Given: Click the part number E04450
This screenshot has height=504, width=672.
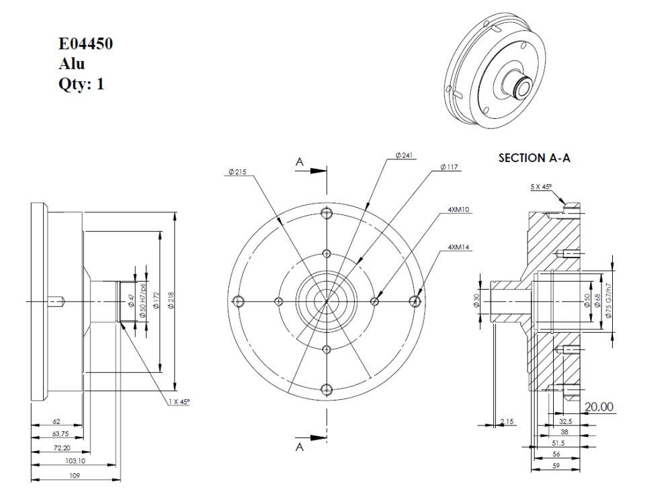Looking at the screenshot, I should coord(85,45).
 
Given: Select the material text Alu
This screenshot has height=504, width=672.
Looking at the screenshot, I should coord(71,65).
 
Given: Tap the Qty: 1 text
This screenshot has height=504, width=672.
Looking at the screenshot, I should coord(81,85).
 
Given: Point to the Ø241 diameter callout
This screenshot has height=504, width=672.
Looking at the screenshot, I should coord(405,155).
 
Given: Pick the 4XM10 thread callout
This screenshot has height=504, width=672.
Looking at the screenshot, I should coord(460,210).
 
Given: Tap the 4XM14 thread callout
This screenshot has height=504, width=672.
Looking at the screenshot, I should coord(460,247).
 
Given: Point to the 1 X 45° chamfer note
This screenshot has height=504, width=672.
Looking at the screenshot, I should coord(179,401).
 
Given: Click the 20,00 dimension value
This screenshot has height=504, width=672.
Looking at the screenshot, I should coord(599,407).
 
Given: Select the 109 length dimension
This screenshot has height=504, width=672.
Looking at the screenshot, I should coord(75,475).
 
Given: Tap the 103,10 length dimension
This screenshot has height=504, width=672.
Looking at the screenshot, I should coord(75,460).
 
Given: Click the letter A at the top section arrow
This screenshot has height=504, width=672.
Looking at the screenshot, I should coord(300,161).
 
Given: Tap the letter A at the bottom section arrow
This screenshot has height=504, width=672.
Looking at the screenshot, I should coord(300,448).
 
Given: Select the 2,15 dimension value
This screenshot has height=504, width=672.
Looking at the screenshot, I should coord(507,421).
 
